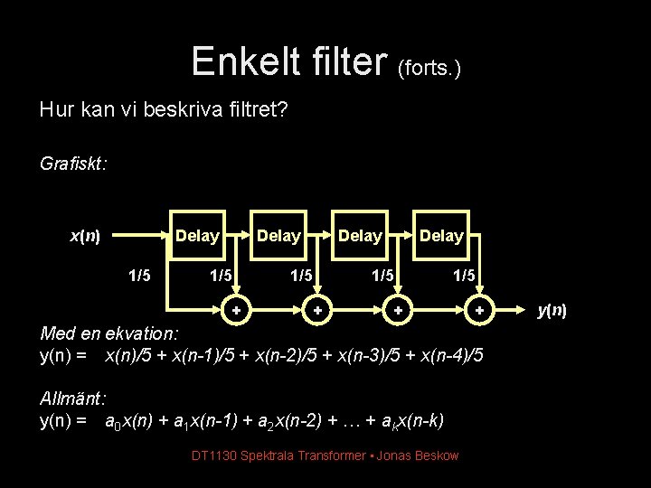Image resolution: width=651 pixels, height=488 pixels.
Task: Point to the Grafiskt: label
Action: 74,164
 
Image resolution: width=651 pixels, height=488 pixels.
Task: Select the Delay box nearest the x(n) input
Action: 197,237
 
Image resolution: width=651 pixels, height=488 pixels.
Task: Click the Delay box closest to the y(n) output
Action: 441,237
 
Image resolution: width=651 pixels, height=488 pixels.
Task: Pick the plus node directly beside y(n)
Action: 480,312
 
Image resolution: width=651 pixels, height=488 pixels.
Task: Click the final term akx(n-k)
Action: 408,421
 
